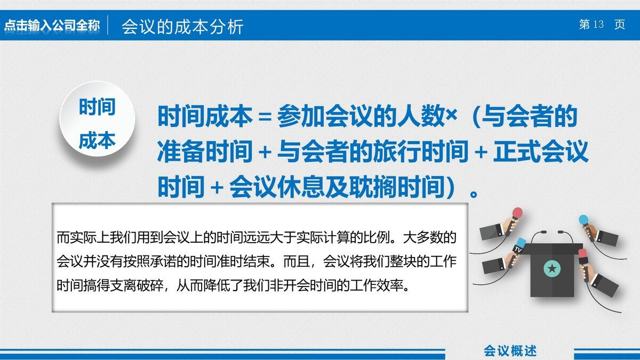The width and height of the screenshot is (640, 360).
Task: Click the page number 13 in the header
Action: (598, 25)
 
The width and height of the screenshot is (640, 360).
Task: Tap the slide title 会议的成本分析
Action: (182, 26)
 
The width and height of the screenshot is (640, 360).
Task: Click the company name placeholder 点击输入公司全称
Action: (52, 26)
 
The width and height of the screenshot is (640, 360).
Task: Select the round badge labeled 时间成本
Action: (97, 124)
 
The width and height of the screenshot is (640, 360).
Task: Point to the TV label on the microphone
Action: (518, 249)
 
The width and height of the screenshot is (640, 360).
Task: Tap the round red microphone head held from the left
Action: (516, 213)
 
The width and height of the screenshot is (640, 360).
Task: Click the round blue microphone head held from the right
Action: (583, 220)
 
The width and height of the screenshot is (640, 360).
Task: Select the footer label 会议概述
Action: (510, 350)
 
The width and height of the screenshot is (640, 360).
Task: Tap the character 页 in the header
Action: (619, 25)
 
